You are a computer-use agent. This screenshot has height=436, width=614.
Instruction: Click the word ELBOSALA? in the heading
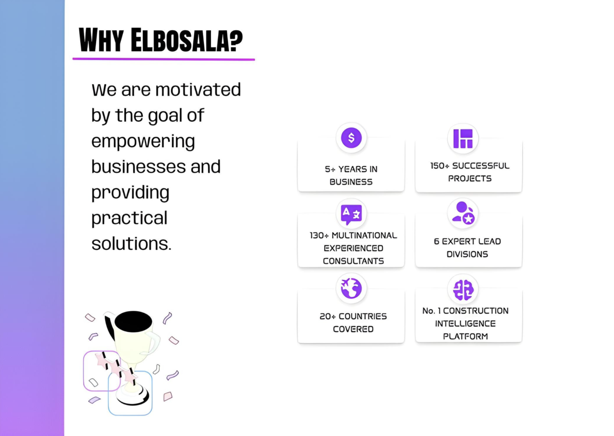click(x=187, y=40)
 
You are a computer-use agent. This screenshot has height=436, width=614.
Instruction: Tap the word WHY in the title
click(x=101, y=40)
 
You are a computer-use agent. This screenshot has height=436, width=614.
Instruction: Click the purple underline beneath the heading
click(x=164, y=59)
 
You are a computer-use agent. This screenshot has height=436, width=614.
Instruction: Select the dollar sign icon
click(x=351, y=138)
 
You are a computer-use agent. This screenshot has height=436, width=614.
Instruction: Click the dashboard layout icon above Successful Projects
click(x=463, y=139)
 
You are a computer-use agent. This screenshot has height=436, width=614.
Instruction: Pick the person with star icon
click(x=463, y=214)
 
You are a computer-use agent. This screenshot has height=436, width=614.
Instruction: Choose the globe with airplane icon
click(x=351, y=288)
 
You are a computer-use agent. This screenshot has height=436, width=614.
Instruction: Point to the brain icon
click(x=463, y=290)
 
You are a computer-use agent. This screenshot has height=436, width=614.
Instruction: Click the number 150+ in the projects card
click(x=440, y=166)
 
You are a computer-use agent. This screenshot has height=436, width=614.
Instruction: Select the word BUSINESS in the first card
click(x=351, y=182)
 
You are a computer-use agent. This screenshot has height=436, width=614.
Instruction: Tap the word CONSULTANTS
click(x=353, y=261)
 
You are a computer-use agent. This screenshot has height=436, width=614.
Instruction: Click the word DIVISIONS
click(x=467, y=254)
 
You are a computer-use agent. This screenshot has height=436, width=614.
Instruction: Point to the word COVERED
click(x=353, y=329)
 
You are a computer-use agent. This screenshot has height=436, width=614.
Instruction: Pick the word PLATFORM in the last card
click(x=465, y=336)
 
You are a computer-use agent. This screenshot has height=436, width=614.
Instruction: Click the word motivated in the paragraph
click(x=198, y=90)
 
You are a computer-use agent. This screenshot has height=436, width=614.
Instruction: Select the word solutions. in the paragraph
click(x=131, y=243)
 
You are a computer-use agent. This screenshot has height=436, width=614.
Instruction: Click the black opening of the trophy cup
click(x=133, y=321)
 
